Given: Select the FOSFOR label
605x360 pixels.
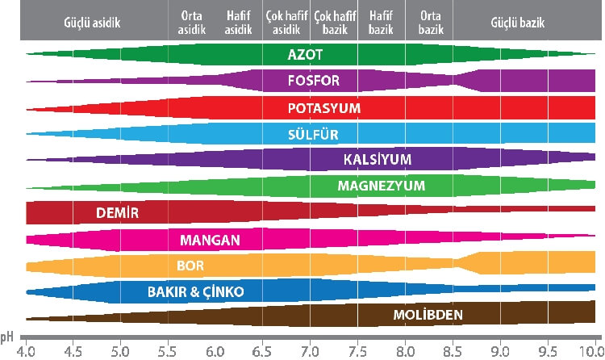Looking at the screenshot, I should [313, 82].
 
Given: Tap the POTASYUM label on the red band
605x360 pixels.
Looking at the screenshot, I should [324, 107].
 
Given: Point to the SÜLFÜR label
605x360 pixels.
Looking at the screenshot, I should [313, 134].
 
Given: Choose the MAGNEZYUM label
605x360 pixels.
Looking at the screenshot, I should [382, 186].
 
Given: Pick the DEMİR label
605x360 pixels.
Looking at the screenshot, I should [114, 213].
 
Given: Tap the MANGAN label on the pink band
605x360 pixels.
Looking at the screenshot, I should [205, 240].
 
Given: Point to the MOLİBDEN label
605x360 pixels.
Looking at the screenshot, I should [427, 313].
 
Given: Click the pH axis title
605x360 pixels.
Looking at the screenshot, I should [7, 336].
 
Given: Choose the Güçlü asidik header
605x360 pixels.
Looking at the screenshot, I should [91, 22].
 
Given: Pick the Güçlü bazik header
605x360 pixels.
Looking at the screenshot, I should [517, 22].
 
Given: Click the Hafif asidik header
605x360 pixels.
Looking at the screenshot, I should [239, 22].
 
